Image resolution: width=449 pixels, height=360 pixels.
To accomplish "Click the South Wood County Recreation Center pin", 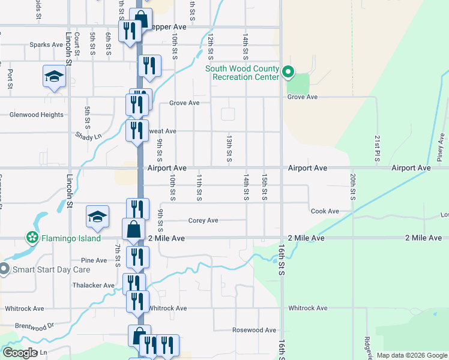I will pos(288,73).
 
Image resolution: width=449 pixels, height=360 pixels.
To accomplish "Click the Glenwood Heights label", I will pos(36,115).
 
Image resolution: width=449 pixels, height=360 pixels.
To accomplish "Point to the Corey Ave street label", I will pos(203,220).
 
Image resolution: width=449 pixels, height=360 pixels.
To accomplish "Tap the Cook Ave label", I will pos(325,211).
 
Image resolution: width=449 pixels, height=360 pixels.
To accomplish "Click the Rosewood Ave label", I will pos(255,330).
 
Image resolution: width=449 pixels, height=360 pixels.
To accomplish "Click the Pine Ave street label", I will pos(94,260).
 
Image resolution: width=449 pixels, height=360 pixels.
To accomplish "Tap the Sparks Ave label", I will pos(47,45).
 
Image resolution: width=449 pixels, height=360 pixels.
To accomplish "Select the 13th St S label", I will pos(229,148).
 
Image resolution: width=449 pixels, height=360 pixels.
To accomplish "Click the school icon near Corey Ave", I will pos(97,217).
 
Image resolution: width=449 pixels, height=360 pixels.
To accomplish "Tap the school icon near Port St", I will pos(54,77).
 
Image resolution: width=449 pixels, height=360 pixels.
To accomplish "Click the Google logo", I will pos(20,352).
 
